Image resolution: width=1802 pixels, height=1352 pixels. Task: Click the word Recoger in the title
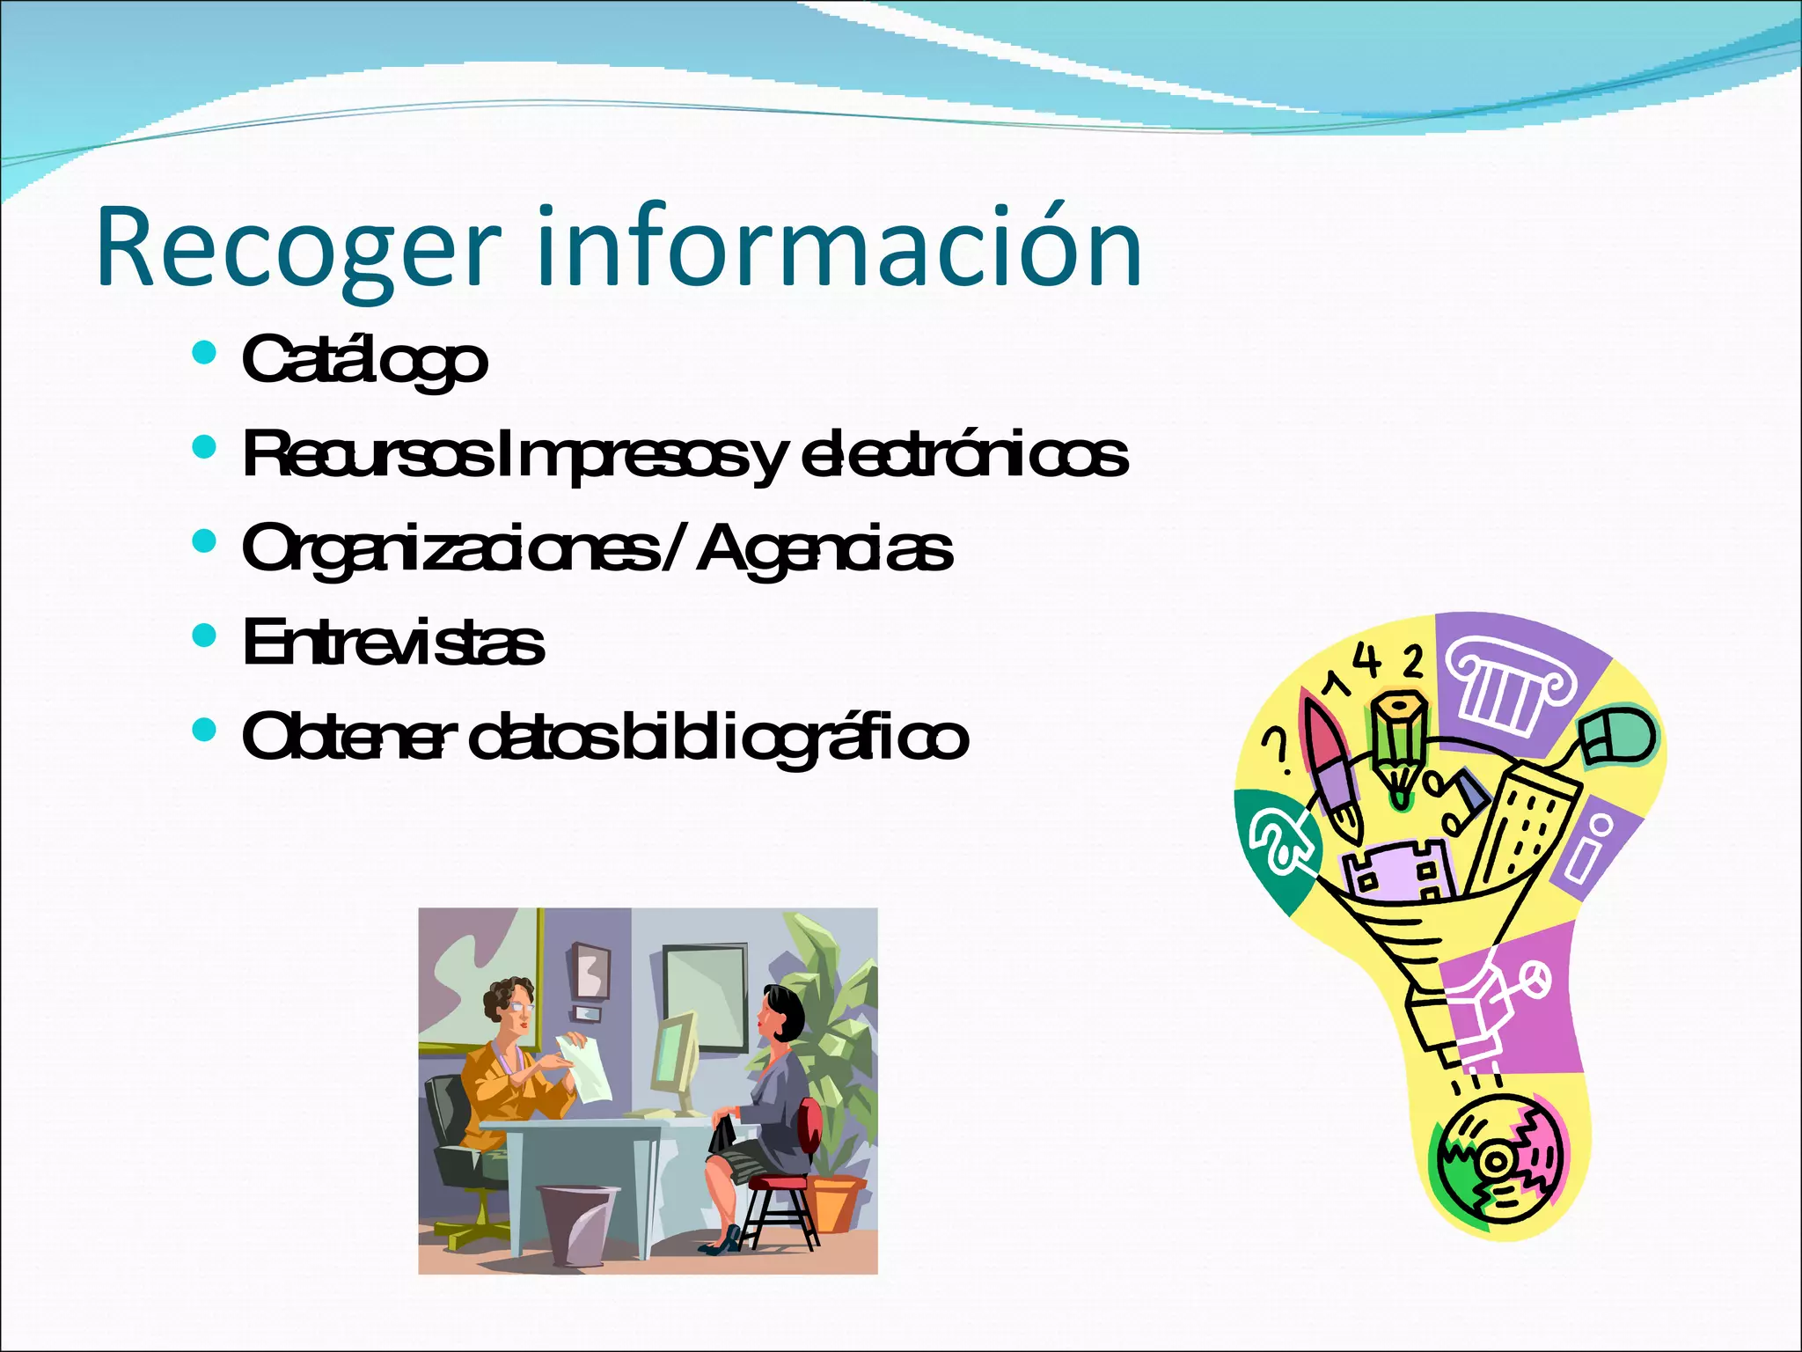pyautogui.click(x=299, y=248)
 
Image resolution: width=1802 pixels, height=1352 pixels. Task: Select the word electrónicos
pyautogui.click(x=964, y=455)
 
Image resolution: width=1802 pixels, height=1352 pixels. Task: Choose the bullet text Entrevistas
pyautogui.click(x=393, y=643)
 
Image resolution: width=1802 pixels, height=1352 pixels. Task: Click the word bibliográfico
pyautogui.click(x=793, y=738)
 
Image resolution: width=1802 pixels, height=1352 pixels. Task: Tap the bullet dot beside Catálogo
pyautogui.click(x=203, y=354)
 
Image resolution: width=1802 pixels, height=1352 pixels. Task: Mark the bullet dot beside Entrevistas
pyautogui.click(x=203, y=636)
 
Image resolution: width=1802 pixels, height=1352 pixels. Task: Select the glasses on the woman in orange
pyautogui.click(x=521, y=1006)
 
